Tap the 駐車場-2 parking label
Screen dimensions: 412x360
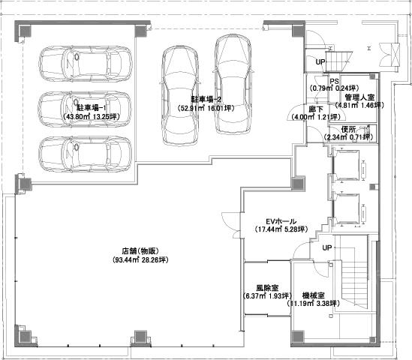[x=206, y=99]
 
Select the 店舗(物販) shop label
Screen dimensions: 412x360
[x=140, y=251]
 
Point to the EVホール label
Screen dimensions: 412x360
[x=281, y=221]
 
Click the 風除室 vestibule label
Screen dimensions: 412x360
[x=267, y=288]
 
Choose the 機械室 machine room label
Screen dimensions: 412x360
[x=313, y=295]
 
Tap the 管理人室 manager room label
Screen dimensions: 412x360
[x=359, y=97]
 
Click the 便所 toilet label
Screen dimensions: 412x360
[x=348, y=130]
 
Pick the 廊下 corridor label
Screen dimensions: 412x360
[x=316, y=109]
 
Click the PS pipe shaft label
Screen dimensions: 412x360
[x=334, y=81]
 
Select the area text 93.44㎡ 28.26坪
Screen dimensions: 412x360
[x=140, y=260]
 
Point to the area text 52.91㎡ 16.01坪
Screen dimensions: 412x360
[x=206, y=108]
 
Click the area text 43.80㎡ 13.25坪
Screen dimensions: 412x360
[x=91, y=116]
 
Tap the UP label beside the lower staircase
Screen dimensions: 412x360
[x=327, y=247]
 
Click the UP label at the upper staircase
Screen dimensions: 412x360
[x=320, y=62]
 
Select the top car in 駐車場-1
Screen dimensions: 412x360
[x=86, y=64]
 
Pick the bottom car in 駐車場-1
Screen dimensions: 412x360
[x=85, y=154]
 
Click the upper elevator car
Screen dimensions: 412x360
[x=347, y=166]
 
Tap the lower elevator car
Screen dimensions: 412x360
[x=347, y=209]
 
